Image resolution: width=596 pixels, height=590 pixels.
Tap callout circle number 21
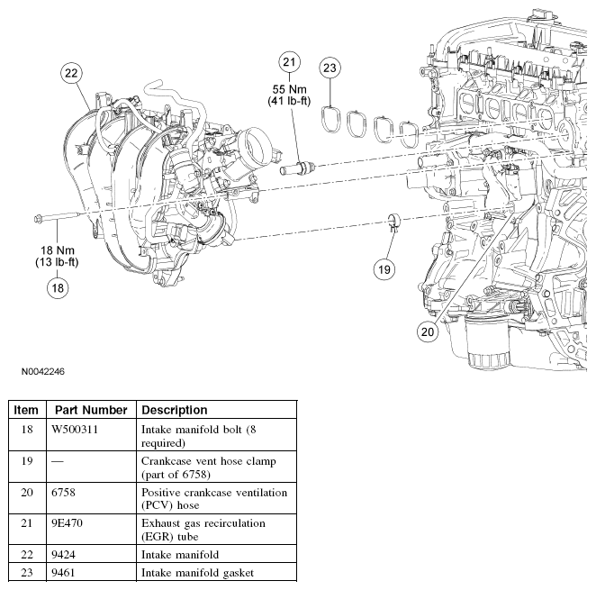[x=289, y=62]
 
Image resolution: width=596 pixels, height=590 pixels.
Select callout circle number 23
[x=330, y=68]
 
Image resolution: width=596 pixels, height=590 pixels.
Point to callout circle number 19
[x=384, y=268]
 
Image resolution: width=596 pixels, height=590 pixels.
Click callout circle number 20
[x=427, y=331]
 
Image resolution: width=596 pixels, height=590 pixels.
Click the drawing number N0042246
[x=38, y=371]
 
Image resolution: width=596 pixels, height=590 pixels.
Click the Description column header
[x=175, y=410]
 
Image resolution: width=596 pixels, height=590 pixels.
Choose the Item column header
[x=26, y=410]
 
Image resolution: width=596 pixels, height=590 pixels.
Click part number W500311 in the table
[x=75, y=430]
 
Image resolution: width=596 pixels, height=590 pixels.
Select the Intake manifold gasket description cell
[x=197, y=572]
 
